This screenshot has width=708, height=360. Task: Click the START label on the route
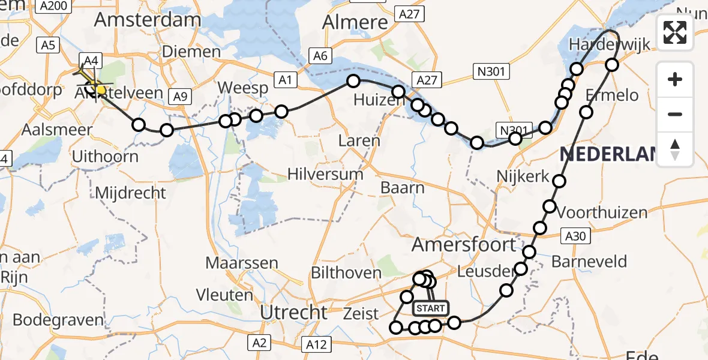coord(430,308)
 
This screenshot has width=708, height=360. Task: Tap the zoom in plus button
coord(675,79)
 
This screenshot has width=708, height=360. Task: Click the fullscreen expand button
coord(675,32)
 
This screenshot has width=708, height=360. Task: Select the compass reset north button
coord(675,149)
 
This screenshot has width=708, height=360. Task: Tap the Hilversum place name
coord(325,175)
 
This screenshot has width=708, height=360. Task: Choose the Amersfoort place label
coord(464,244)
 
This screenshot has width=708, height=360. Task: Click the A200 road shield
coord(52,6)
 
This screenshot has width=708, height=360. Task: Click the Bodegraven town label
coord(58,319)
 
